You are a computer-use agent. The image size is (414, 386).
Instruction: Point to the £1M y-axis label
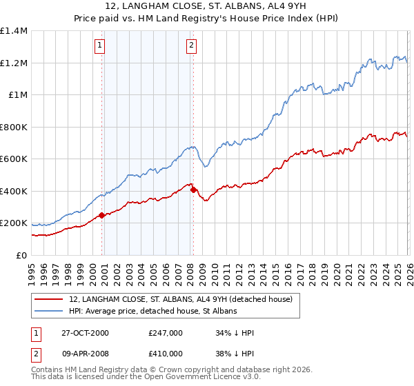point(18,95)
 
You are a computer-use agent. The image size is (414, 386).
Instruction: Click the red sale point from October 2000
point(101,216)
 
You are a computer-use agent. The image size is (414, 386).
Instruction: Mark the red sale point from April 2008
point(193,190)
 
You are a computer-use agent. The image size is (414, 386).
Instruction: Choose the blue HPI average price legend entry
point(152,312)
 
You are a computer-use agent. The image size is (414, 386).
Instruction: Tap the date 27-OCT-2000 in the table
point(85,333)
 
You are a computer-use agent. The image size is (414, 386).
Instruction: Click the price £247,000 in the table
point(166,333)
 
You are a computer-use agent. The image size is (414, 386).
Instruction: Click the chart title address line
point(207,7)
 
